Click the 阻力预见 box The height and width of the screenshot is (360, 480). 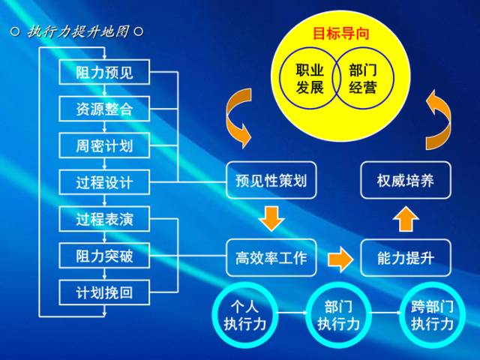104,73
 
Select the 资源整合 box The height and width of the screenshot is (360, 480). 104,109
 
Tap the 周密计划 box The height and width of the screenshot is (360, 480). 104,145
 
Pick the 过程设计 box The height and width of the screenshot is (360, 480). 104,181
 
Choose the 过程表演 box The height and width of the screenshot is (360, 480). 104,220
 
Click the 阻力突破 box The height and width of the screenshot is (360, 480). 104,256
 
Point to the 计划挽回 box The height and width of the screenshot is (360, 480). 104,292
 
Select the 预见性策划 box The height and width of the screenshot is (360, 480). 271,181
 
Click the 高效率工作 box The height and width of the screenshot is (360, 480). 271,257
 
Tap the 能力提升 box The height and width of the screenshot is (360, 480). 406,257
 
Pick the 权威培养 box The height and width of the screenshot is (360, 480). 406,181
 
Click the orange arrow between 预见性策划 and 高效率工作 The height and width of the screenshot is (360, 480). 271,219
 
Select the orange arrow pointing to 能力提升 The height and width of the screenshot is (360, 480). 340,258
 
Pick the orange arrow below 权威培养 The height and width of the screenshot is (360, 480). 406,219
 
